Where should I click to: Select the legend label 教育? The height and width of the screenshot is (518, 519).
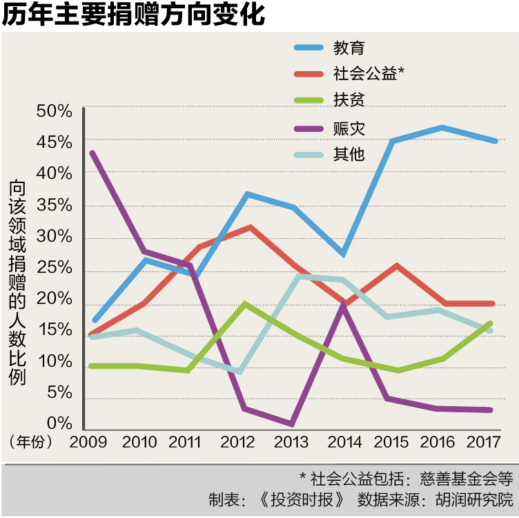(x=349, y=48)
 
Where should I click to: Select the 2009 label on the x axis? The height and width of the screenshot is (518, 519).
(x=90, y=442)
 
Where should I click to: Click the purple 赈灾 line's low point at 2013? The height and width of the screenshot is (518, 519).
(x=292, y=423)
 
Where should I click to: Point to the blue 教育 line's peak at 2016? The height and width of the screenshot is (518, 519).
(x=442, y=127)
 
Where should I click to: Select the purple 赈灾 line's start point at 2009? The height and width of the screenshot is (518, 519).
(x=92, y=153)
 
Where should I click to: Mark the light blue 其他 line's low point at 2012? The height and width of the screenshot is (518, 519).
(x=239, y=372)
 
